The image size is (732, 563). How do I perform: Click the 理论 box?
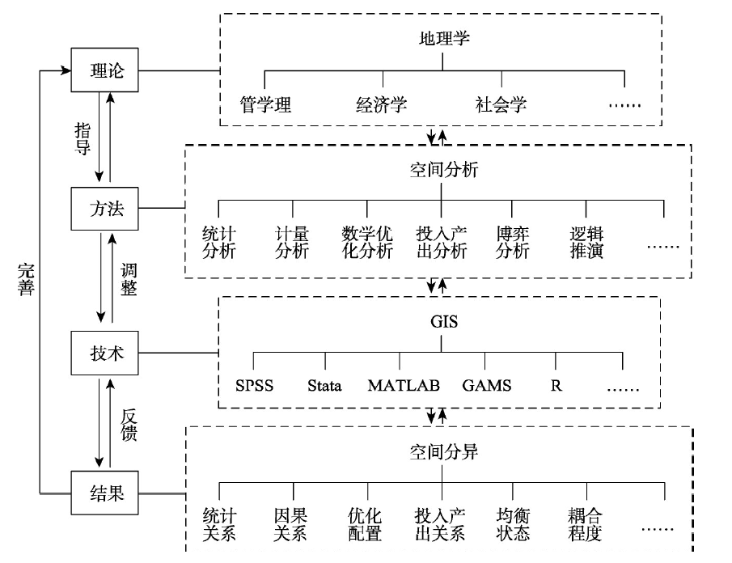pyautogui.click(x=104, y=70)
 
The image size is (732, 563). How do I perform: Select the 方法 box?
pyautogui.click(x=104, y=209)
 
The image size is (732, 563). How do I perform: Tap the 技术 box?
pyautogui.click(x=104, y=353)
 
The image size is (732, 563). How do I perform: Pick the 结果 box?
pyautogui.click(x=104, y=493)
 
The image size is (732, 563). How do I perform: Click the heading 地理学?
pyautogui.click(x=444, y=38)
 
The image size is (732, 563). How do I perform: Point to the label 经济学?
pyautogui.click(x=382, y=104)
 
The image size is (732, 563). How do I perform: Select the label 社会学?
pyautogui.click(x=501, y=104)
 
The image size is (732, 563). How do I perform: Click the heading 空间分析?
pyautogui.click(x=444, y=170)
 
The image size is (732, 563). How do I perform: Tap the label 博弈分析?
pyautogui.click(x=513, y=243)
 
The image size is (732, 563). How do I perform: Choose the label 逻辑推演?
pyautogui.click(x=587, y=243)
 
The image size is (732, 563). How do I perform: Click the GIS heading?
pyautogui.click(x=444, y=322)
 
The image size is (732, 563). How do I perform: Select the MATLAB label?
pyautogui.click(x=404, y=386)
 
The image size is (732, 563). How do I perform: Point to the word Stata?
pyautogui.click(x=324, y=386)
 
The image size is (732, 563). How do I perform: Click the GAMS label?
pyautogui.click(x=487, y=386)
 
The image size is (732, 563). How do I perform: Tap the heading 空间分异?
pyautogui.click(x=444, y=452)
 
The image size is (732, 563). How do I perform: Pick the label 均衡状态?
pyautogui.click(x=513, y=525)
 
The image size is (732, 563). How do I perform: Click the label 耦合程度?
pyautogui.click(x=585, y=525)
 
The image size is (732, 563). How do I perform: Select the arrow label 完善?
pyautogui.click(x=26, y=280)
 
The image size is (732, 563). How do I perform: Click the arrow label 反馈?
pyautogui.click(x=129, y=425)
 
